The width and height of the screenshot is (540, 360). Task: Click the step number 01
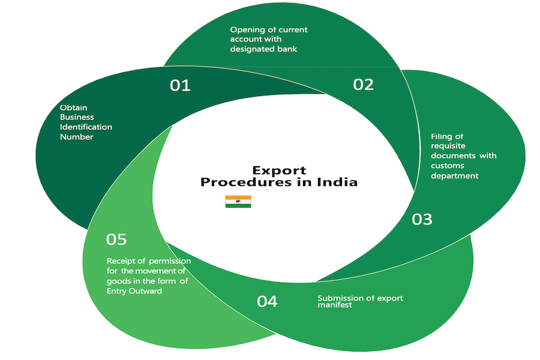(x=180, y=86)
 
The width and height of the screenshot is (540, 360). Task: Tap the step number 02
(x=363, y=84)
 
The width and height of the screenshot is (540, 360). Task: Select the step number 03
(x=422, y=220)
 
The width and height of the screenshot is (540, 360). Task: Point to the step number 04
(x=267, y=301)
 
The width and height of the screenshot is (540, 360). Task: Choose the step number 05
(x=116, y=239)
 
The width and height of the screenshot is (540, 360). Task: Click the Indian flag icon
(x=238, y=202)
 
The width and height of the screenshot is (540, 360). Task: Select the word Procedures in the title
(x=252, y=182)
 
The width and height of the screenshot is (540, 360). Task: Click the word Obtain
(x=73, y=108)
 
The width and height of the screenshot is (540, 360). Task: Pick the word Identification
(x=86, y=127)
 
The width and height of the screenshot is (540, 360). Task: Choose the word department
(x=455, y=176)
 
